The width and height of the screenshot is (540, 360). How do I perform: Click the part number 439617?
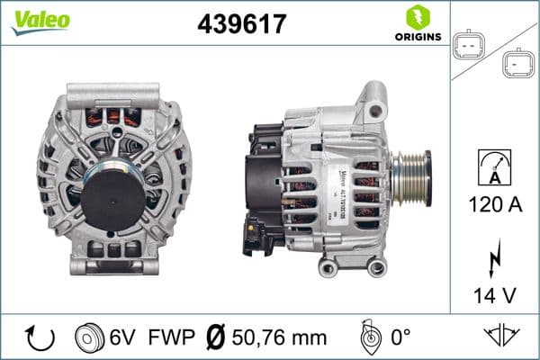point(241,25)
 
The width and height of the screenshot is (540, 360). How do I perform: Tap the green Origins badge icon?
point(415,17)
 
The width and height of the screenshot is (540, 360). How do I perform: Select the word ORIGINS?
point(416,38)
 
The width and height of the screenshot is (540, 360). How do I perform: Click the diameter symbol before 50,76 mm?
point(216,337)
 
